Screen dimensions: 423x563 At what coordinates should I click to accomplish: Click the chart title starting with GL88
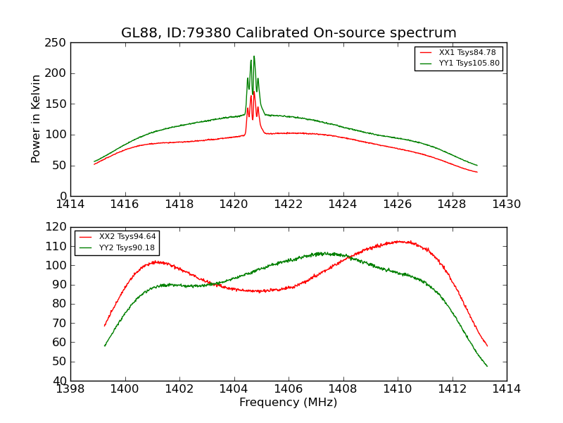point(289,33)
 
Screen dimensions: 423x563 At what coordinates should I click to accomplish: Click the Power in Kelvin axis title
point(37,119)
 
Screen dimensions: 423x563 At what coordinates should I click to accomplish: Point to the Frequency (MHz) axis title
point(289,403)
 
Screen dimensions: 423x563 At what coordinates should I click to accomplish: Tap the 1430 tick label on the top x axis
point(506,204)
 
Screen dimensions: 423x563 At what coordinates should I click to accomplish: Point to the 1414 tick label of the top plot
point(71,204)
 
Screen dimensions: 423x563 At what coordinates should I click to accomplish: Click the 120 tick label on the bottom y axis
point(56,228)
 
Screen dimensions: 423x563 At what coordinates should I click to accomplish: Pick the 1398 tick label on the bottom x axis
point(71,388)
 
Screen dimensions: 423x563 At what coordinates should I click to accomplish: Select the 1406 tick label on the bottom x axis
point(289,388)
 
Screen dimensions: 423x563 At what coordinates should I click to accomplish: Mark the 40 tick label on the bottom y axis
point(59,381)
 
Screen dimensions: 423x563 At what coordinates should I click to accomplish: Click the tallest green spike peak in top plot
point(254,56)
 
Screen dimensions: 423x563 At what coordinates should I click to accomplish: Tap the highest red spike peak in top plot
point(253,91)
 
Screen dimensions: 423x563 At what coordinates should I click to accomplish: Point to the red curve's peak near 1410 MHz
point(399,241)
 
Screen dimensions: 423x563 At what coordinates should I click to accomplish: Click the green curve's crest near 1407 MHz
point(320,252)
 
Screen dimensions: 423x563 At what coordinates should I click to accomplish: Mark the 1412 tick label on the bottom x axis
point(452,388)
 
